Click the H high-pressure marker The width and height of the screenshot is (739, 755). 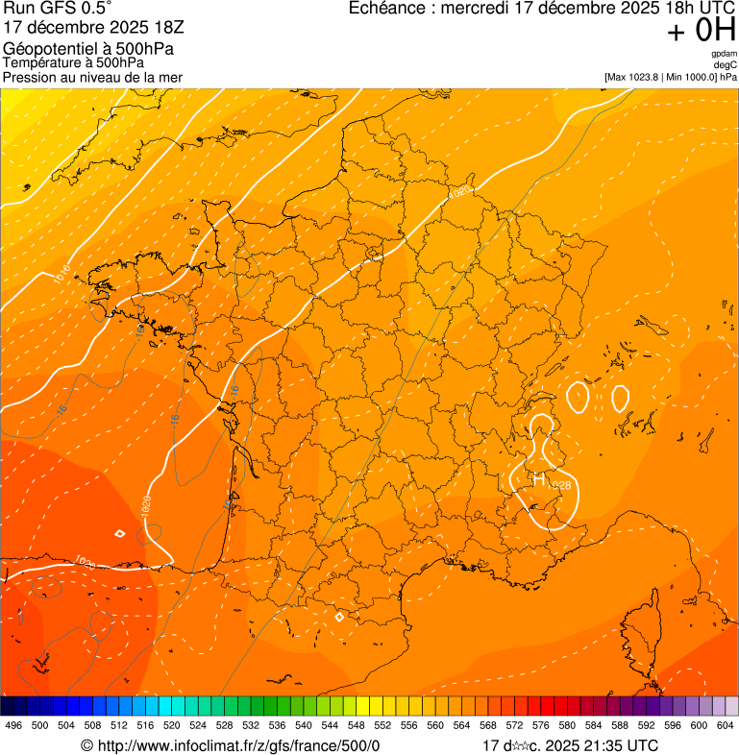[x=538, y=478]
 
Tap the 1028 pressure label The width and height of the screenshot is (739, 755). [x=561, y=486]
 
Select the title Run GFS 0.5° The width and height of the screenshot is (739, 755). [x=58, y=10]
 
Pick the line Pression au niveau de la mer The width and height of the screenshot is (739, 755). [x=92, y=77]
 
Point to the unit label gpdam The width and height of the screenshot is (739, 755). [x=724, y=54]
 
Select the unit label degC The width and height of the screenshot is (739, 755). [x=725, y=65]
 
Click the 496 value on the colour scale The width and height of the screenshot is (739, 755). [x=13, y=725]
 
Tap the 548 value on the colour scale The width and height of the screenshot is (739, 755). [x=356, y=725]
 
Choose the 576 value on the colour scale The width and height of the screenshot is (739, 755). [x=540, y=725]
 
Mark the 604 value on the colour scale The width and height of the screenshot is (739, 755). [x=725, y=725]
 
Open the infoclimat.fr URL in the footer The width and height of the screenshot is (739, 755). [x=231, y=745]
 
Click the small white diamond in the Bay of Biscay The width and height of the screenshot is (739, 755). [x=119, y=533]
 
